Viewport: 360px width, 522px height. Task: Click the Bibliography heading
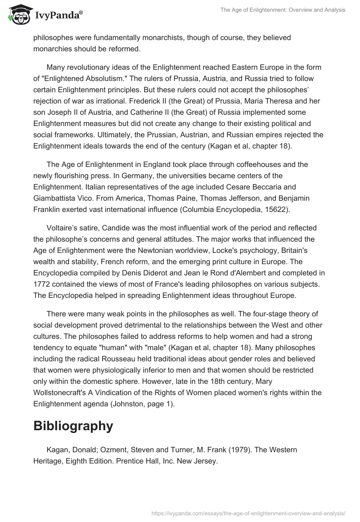[x=73, y=426]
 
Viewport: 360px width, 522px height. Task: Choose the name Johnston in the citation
[x=128, y=404]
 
